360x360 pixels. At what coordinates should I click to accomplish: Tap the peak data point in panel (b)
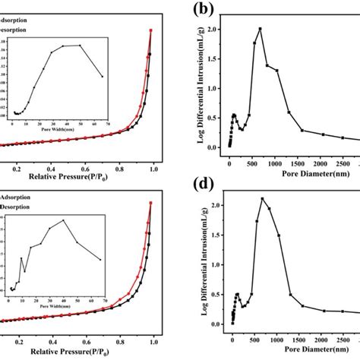pos(260,29)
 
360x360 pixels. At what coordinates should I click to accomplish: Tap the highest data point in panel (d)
pos(262,199)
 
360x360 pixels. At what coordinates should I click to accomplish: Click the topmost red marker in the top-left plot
pos(150,30)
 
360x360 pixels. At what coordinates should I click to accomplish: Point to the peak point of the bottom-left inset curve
pos(63,220)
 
